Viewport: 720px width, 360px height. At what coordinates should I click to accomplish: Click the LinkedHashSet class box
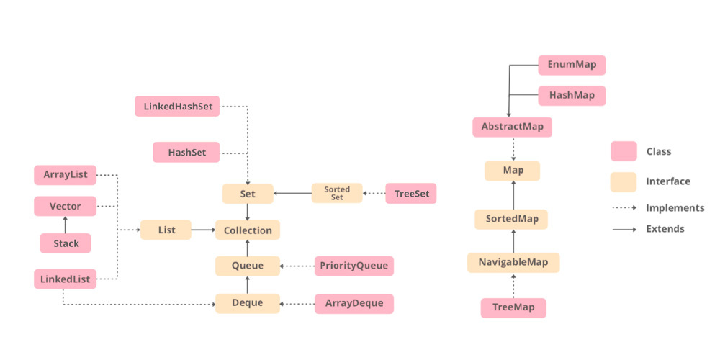(177, 107)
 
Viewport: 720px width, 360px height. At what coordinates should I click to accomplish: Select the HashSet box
(186, 152)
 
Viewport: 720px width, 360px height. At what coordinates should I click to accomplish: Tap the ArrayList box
(65, 175)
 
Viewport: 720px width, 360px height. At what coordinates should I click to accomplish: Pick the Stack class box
(66, 243)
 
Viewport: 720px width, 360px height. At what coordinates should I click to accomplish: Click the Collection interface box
(248, 230)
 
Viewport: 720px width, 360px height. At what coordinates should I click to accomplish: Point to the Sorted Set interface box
(337, 193)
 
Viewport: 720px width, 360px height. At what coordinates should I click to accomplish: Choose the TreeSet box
(411, 193)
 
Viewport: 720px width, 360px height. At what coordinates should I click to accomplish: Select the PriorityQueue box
(354, 266)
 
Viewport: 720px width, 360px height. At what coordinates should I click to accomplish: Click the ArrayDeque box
(354, 303)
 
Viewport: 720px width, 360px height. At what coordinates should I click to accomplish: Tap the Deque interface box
(248, 303)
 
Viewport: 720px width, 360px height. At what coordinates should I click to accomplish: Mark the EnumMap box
(572, 66)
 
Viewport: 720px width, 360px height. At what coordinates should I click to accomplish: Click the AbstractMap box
(512, 127)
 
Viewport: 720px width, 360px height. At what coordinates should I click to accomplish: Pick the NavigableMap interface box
(513, 262)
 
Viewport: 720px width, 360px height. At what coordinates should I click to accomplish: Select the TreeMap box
(513, 307)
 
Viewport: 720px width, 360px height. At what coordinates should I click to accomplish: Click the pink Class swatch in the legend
(624, 151)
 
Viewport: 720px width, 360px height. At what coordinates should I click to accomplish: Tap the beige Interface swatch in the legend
(624, 181)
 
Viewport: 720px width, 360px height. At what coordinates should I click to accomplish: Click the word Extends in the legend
(665, 229)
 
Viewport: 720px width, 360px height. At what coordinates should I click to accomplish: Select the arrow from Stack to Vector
(66, 225)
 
